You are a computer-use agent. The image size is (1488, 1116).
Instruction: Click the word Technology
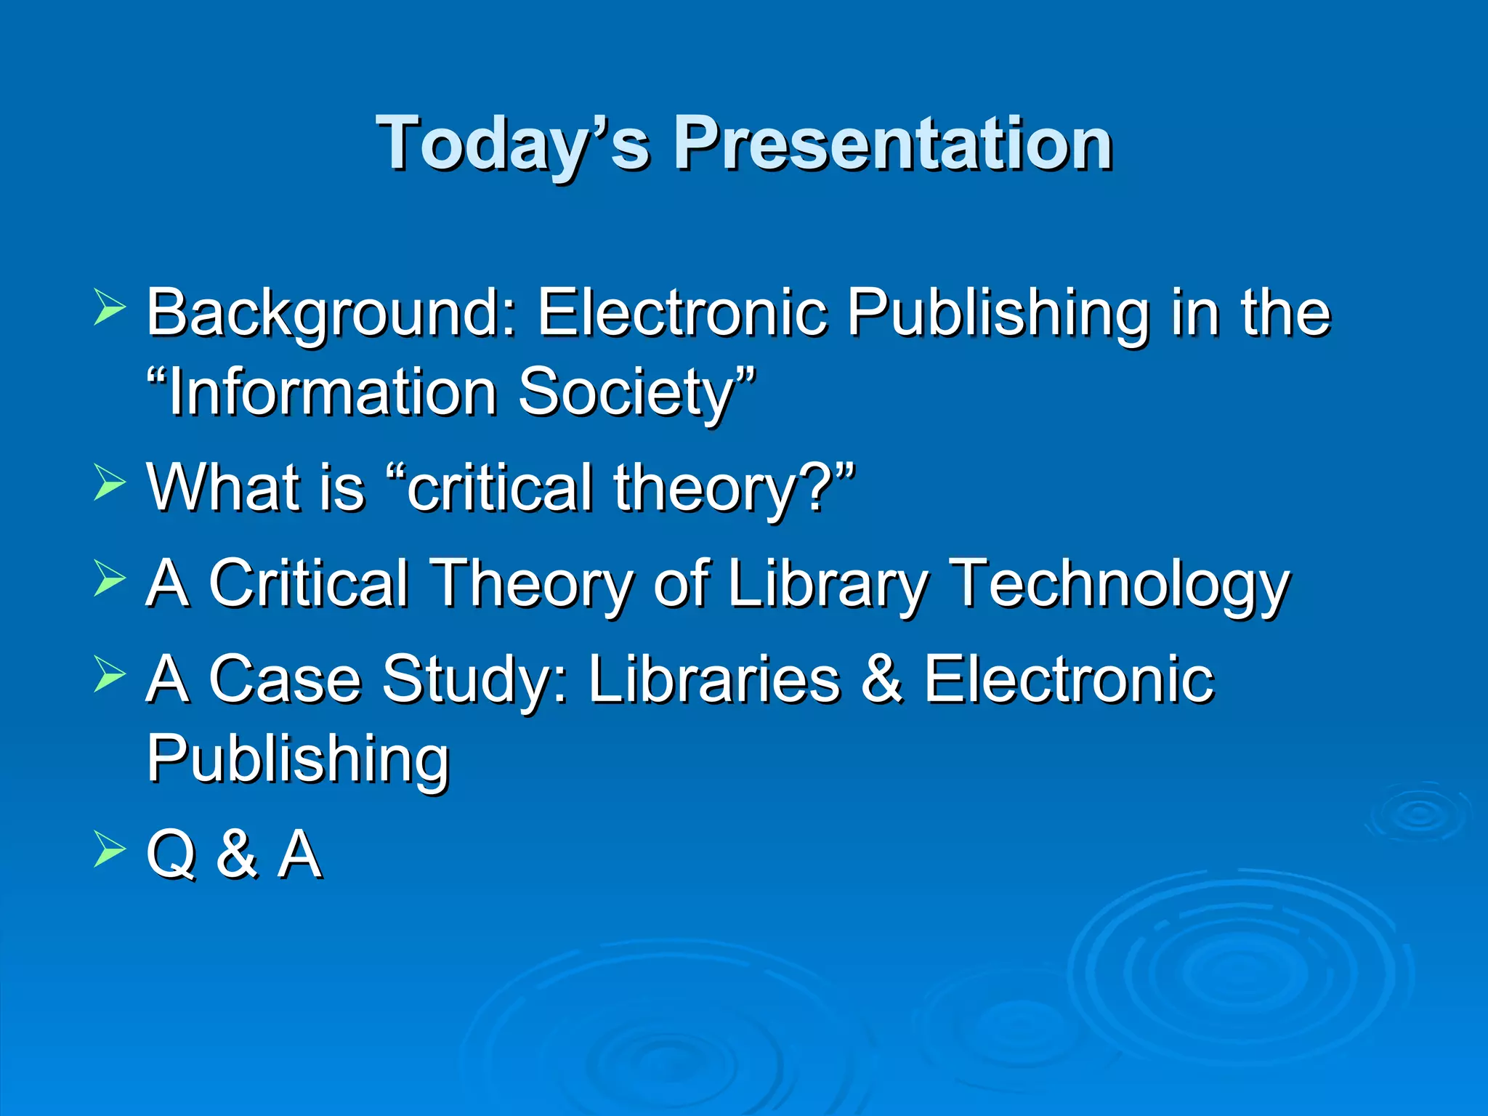[1120, 583]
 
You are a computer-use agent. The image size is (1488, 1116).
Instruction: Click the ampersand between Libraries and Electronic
[881, 679]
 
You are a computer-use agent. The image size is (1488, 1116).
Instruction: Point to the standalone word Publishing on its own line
[298, 759]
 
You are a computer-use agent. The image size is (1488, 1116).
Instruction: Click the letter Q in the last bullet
[171, 854]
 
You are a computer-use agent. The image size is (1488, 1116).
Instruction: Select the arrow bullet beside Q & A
[110, 850]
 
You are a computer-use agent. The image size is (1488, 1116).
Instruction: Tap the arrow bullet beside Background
[110, 308]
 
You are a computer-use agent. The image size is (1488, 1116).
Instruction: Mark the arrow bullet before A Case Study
[110, 674]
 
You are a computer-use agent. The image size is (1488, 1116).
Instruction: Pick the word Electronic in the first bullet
[682, 312]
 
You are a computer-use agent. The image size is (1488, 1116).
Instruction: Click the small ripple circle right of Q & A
[1417, 814]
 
